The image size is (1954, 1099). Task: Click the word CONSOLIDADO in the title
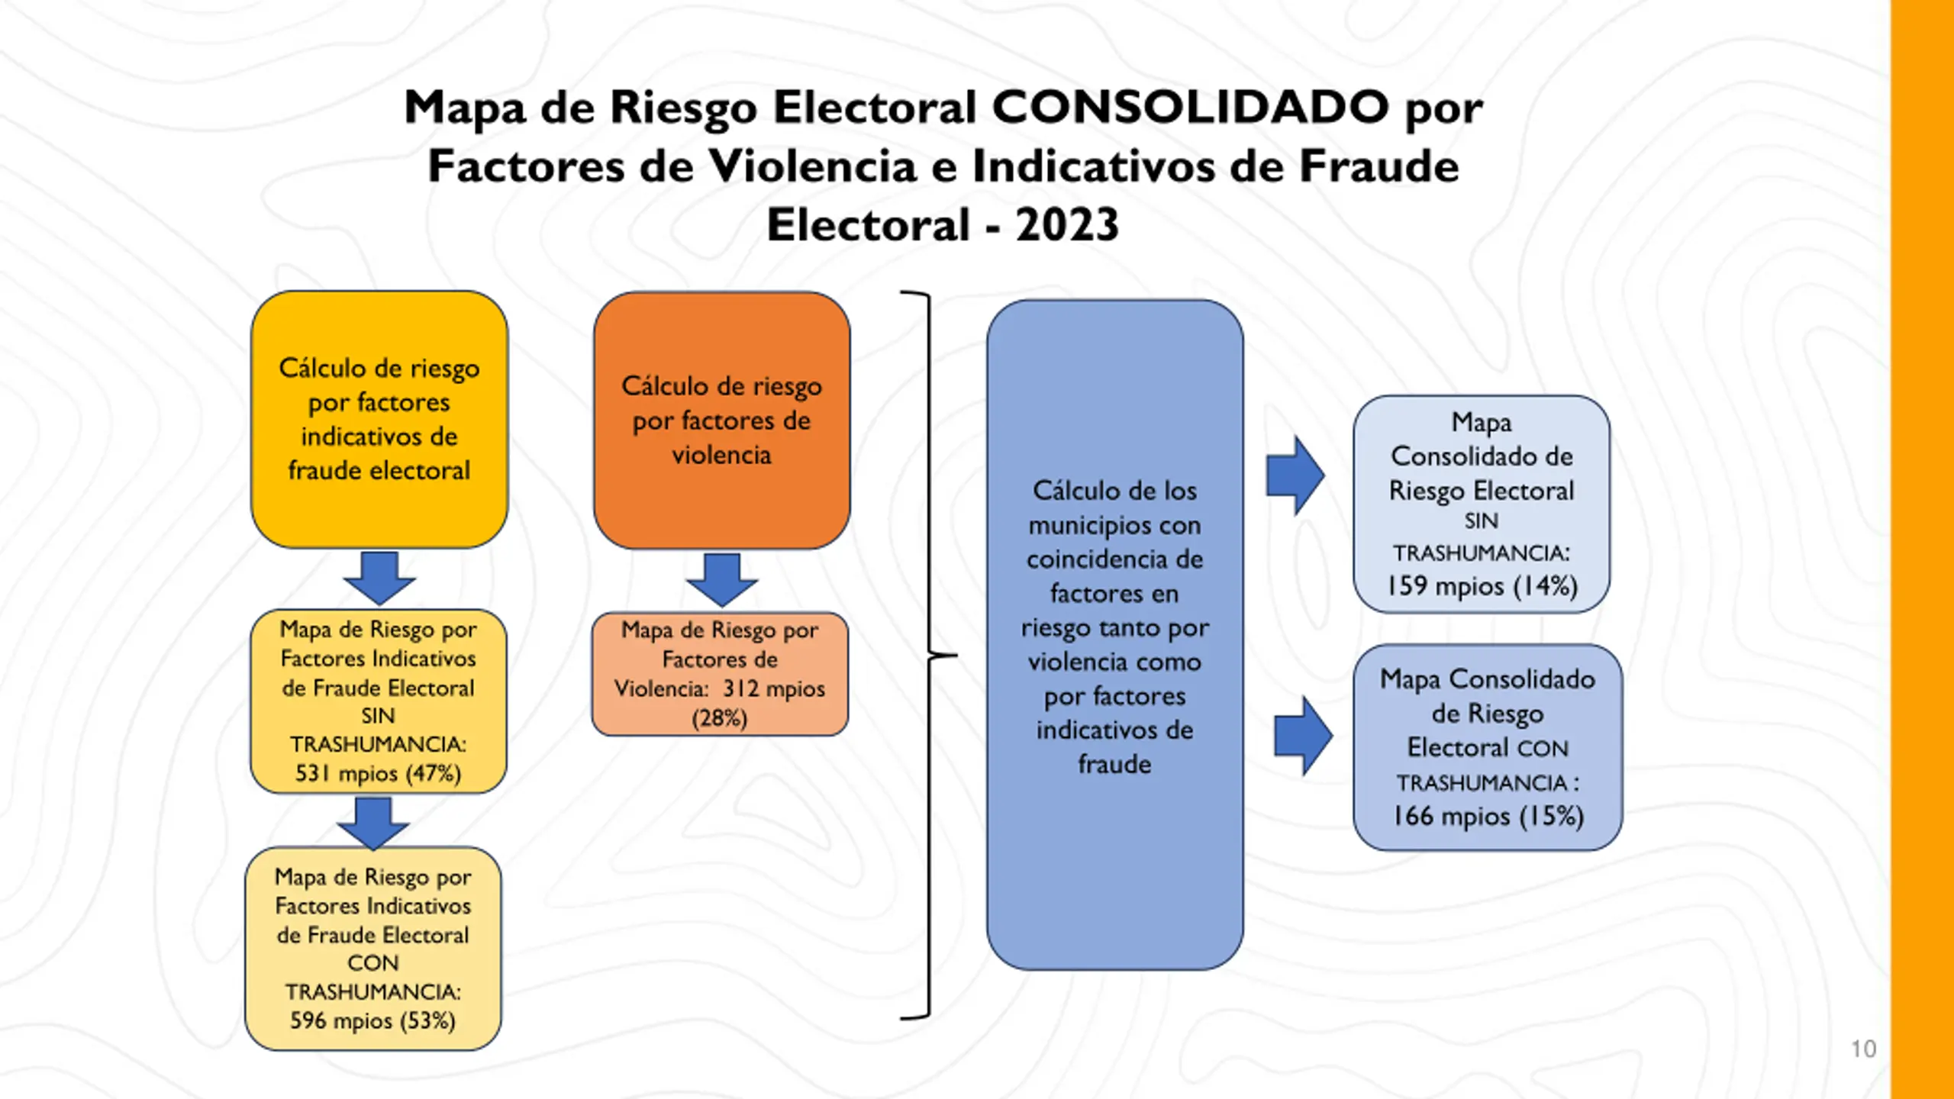(1190, 107)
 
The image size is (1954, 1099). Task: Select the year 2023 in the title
(1067, 225)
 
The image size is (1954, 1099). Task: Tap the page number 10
(1863, 1049)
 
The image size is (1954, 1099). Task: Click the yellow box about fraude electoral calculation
(379, 419)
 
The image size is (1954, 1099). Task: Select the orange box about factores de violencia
(721, 420)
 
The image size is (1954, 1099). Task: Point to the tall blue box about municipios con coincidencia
(1114, 634)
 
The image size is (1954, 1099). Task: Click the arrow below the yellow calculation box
(379, 578)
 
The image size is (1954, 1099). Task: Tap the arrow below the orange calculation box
(721, 580)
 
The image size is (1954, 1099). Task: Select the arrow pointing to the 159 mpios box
(1295, 475)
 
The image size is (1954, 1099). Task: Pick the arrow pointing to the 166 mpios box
(1304, 736)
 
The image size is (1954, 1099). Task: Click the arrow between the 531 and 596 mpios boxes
(373, 823)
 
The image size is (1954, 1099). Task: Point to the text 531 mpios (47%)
(379, 773)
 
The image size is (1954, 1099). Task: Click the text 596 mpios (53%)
(372, 1020)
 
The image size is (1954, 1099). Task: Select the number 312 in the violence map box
(740, 688)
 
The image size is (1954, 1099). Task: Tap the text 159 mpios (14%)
(1482, 586)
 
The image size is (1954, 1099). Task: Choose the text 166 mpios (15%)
(1488, 816)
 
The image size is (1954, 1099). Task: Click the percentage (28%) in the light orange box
(719, 718)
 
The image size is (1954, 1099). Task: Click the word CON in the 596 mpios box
(372, 962)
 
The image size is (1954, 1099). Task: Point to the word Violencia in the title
(813, 166)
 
